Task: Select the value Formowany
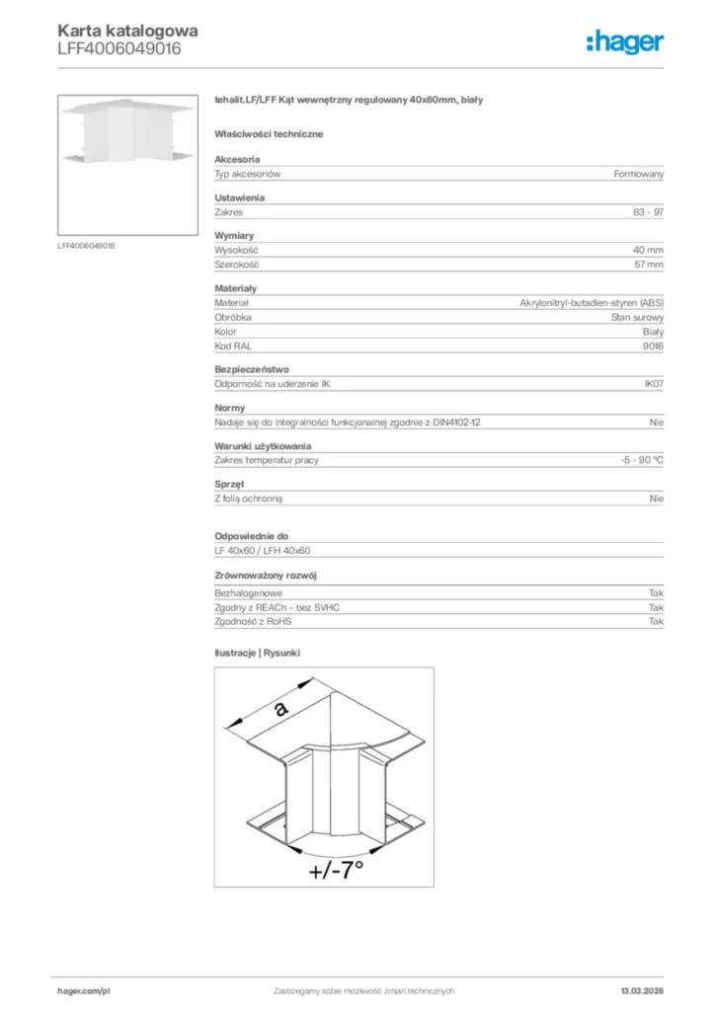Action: [x=639, y=174]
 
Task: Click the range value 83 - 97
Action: [x=648, y=212]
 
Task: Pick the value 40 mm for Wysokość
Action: [x=648, y=251]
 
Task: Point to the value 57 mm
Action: [x=648, y=265]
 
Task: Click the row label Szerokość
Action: [x=237, y=265]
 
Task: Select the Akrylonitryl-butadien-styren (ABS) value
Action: [x=592, y=303]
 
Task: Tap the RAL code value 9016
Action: [x=653, y=347]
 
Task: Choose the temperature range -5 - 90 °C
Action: [x=636, y=460]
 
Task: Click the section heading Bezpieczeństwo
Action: [x=252, y=370]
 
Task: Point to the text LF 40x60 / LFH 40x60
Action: [x=263, y=551]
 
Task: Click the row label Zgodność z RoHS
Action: [x=254, y=622]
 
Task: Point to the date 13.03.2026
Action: [x=642, y=990]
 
